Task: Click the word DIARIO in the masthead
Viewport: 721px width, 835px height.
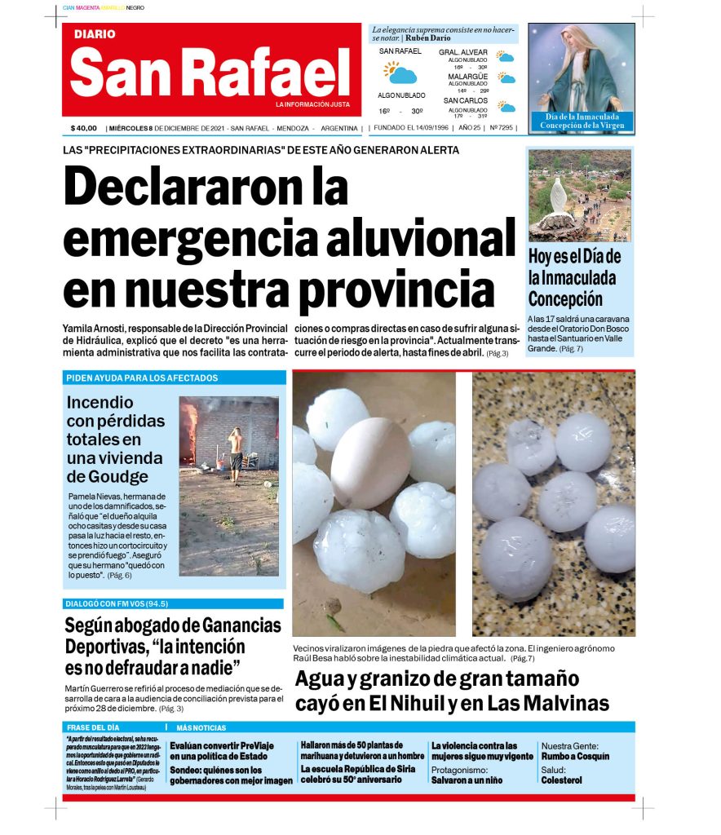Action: (95, 34)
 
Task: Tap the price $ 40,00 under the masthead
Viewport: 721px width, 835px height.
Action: (83, 128)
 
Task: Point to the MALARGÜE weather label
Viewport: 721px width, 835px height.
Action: (467, 77)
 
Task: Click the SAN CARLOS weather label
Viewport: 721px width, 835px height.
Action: (466, 100)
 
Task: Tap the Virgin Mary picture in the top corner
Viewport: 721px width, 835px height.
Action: (581, 68)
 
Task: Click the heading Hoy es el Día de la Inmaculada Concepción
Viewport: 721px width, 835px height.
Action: (574, 277)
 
